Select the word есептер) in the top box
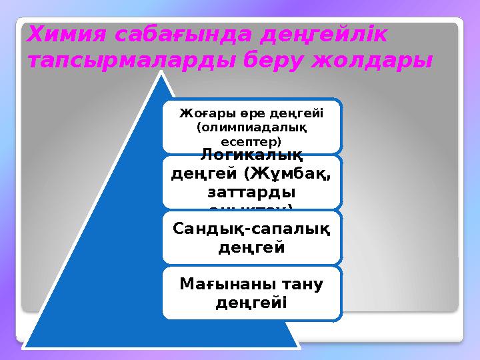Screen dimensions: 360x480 250,141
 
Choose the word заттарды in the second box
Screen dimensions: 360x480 250,191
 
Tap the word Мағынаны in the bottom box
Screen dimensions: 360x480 217,285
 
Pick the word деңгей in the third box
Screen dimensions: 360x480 250,247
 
